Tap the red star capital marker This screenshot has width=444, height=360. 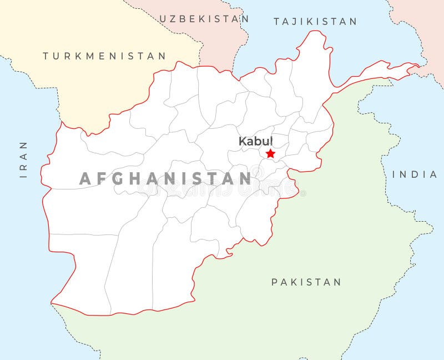(x=270, y=153)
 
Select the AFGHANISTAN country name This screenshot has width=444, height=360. (x=165, y=178)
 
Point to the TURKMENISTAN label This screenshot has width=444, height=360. (x=104, y=56)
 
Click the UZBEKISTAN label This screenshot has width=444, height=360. (x=204, y=19)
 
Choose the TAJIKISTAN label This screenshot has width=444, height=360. (x=315, y=22)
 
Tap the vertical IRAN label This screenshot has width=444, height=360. (x=23, y=159)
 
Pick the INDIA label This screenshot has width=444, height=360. (x=415, y=174)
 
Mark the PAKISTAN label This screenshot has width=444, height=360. (x=306, y=282)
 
